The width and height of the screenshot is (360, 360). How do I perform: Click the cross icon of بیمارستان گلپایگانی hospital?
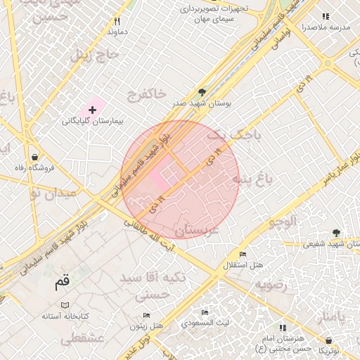(x=92, y=110)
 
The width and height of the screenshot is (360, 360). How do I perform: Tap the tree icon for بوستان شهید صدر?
(x=202, y=92)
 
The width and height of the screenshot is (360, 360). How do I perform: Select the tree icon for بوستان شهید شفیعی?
(x=337, y=233)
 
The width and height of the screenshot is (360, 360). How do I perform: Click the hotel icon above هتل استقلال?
(x=243, y=254)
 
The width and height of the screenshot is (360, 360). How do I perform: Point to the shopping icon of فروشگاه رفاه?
(x=34, y=156)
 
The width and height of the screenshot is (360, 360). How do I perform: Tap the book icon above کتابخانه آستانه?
(x=65, y=305)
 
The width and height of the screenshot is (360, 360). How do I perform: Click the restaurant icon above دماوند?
(x=117, y=22)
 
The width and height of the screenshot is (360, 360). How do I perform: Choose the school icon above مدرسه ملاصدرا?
(x=325, y=16)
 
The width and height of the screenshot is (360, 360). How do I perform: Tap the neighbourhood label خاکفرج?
(x=147, y=93)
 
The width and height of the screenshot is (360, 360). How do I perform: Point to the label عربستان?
(x=198, y=230)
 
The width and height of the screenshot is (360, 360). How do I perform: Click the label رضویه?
(x=271, y=285)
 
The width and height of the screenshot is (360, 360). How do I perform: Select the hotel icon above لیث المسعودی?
(x=205, y=312)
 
